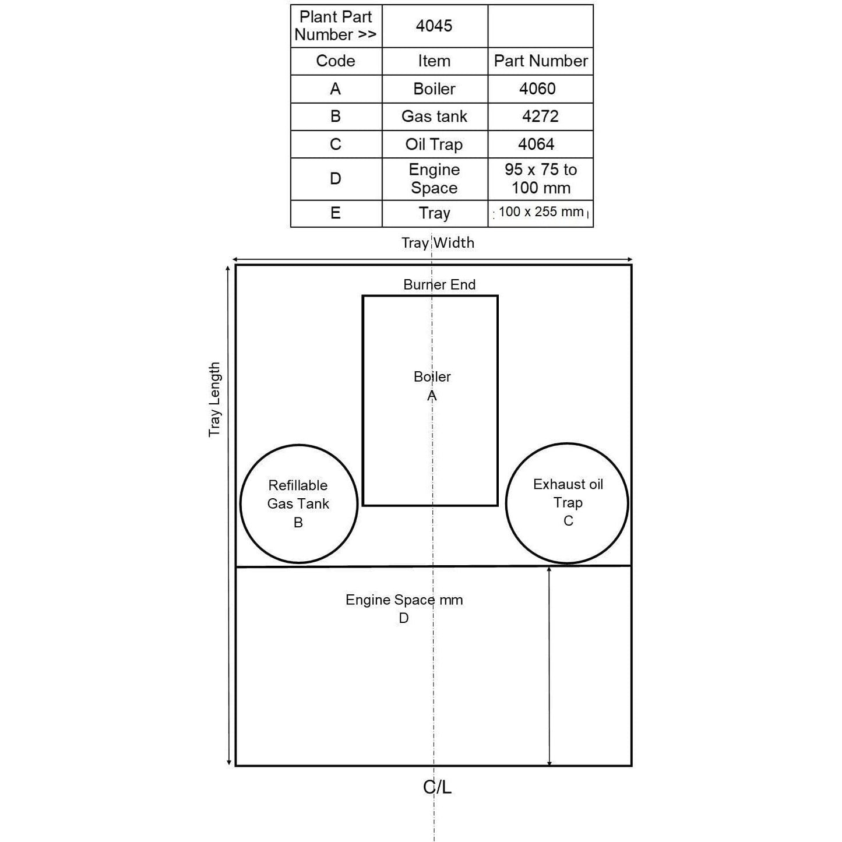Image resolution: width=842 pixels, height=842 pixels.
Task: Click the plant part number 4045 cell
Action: pos(434,26)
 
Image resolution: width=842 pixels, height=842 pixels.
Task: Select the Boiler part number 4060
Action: pos(537,89)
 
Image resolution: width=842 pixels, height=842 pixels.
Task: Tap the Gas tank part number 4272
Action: pos(540,116)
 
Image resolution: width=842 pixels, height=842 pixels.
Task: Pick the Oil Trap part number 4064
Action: pos(536,144)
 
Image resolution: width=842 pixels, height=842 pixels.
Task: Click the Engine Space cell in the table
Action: pos(434,179)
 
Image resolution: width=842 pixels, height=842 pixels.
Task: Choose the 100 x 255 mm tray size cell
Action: pos(541,212)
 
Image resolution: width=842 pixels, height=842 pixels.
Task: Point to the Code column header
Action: pos(336,61)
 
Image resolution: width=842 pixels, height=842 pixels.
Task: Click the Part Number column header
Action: pos(541,61)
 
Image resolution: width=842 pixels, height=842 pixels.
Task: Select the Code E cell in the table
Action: pos(336,213)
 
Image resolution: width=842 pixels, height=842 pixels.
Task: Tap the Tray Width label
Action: pos(438,242)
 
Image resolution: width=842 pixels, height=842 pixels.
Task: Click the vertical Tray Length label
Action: pos(215,399)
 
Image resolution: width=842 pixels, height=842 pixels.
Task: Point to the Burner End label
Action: pos(439,284)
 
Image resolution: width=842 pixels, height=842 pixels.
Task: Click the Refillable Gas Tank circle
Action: pos(298,503)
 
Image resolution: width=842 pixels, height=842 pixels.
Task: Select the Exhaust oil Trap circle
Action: pos(568,503)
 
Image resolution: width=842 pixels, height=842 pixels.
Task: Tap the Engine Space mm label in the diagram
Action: pos(404,600)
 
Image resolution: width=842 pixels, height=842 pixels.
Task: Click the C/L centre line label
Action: pos(437,787)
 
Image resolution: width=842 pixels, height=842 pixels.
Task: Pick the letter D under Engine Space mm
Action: pos(404,618)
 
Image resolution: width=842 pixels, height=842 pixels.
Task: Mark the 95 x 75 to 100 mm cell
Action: pos(541,179)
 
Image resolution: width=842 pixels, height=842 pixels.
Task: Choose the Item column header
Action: pos(434,61)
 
